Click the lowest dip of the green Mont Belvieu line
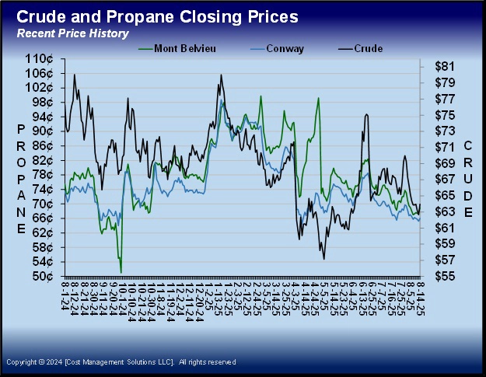pos(121,271)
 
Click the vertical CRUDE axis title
pos(468,178)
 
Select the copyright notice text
pos(121,362)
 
